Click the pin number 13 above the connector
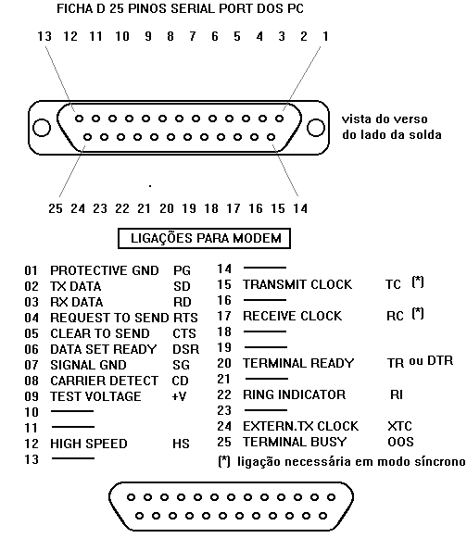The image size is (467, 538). pos(44,36)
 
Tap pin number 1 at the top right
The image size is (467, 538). pos(325,36)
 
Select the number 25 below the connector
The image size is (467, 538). pos(56,208)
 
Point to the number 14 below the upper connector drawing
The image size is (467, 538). pos(300,208)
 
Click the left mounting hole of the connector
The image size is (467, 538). pos(41,127)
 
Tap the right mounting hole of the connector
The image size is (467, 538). pos(316,127)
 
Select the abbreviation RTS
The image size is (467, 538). pos(185,318)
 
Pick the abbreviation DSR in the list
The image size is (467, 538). pos(185,349)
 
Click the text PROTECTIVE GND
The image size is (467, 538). pos(105,270)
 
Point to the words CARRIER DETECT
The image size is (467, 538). pos(105,381)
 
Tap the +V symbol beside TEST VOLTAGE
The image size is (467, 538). pos(179,396)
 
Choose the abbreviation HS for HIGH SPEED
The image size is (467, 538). pos(181,444)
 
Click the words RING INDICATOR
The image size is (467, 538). pos(295,394)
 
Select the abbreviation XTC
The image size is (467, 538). pos(399,426)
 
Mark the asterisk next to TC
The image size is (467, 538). pos(418,282)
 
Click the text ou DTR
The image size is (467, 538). pos(431,360)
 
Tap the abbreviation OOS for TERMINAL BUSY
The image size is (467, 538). pos(400,442)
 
